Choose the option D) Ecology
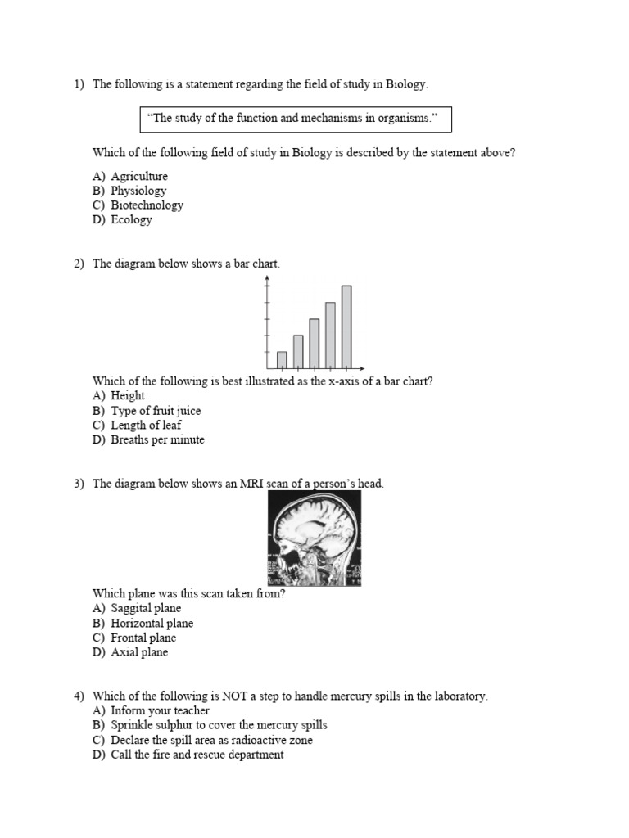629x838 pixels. [122, 219]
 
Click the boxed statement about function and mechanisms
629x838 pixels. [295, 119]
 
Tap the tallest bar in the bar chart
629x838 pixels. [346, 326]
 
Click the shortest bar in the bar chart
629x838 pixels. [282, 359]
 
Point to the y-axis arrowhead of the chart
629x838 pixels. [267, 279]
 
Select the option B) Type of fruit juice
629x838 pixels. [147, 411]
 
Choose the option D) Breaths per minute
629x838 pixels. [148, 439]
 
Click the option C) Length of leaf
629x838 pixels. [137, 425]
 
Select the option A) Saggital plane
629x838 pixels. [137, 608]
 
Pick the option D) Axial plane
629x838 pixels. [130, 652]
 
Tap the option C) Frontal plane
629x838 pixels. [134, 638]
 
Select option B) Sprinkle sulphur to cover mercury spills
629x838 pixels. [210, 725]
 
